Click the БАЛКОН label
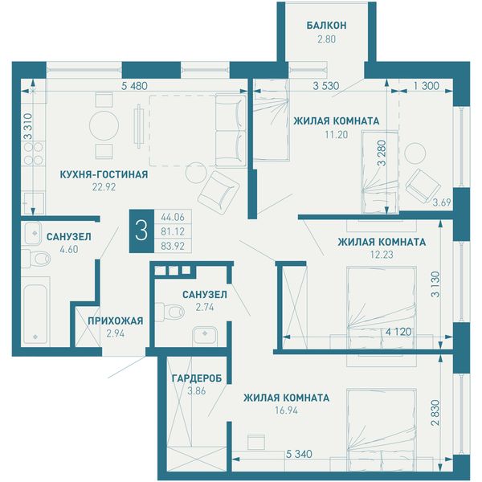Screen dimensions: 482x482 click(x=326, y=25)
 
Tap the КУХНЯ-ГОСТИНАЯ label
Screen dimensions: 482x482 click(x=104, y=174)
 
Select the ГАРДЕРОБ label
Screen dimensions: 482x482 click(x=197, y=378)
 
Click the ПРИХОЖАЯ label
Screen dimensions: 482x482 click(x=115, y=321)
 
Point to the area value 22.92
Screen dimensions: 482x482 click(x=104, y=187)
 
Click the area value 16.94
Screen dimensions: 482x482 click(x=286, y=411)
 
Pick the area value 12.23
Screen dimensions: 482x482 click(x=382, y=255)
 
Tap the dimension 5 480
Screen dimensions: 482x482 click(x=134, y=86)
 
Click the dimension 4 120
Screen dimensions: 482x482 click(x=398, y=332)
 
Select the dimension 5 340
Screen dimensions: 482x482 click(x=299, y=454)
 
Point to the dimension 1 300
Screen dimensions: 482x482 click(x=426, y=86)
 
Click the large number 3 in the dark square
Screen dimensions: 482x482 click(x=141, y=231)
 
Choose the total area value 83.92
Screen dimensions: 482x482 click(x=173, y=247)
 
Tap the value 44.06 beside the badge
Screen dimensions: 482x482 click(x=173, y=218)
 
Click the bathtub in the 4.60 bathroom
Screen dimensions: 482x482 click(x=35, y=313)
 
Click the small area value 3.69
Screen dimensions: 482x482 click(x=442, y=202)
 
